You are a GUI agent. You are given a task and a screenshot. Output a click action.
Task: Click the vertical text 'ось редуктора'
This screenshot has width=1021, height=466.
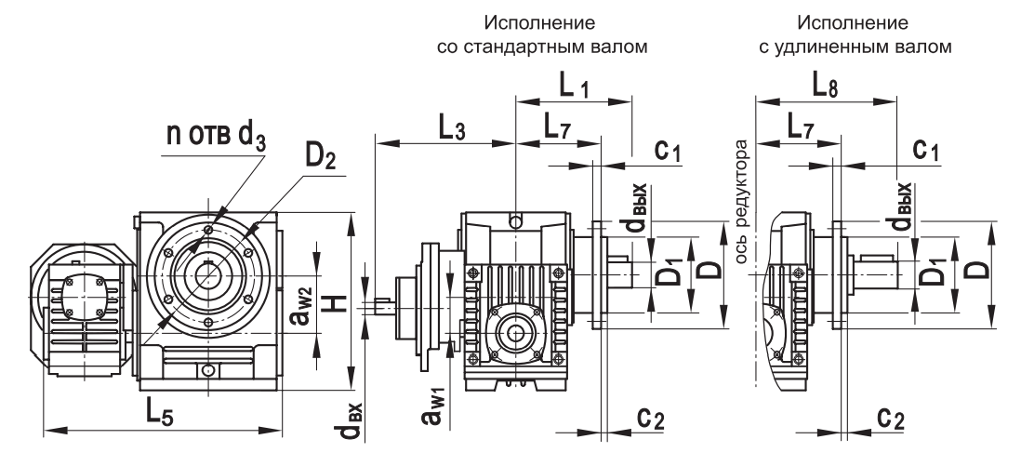[742, 201]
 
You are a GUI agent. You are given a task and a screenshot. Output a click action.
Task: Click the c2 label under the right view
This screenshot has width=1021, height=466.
[890, 419]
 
